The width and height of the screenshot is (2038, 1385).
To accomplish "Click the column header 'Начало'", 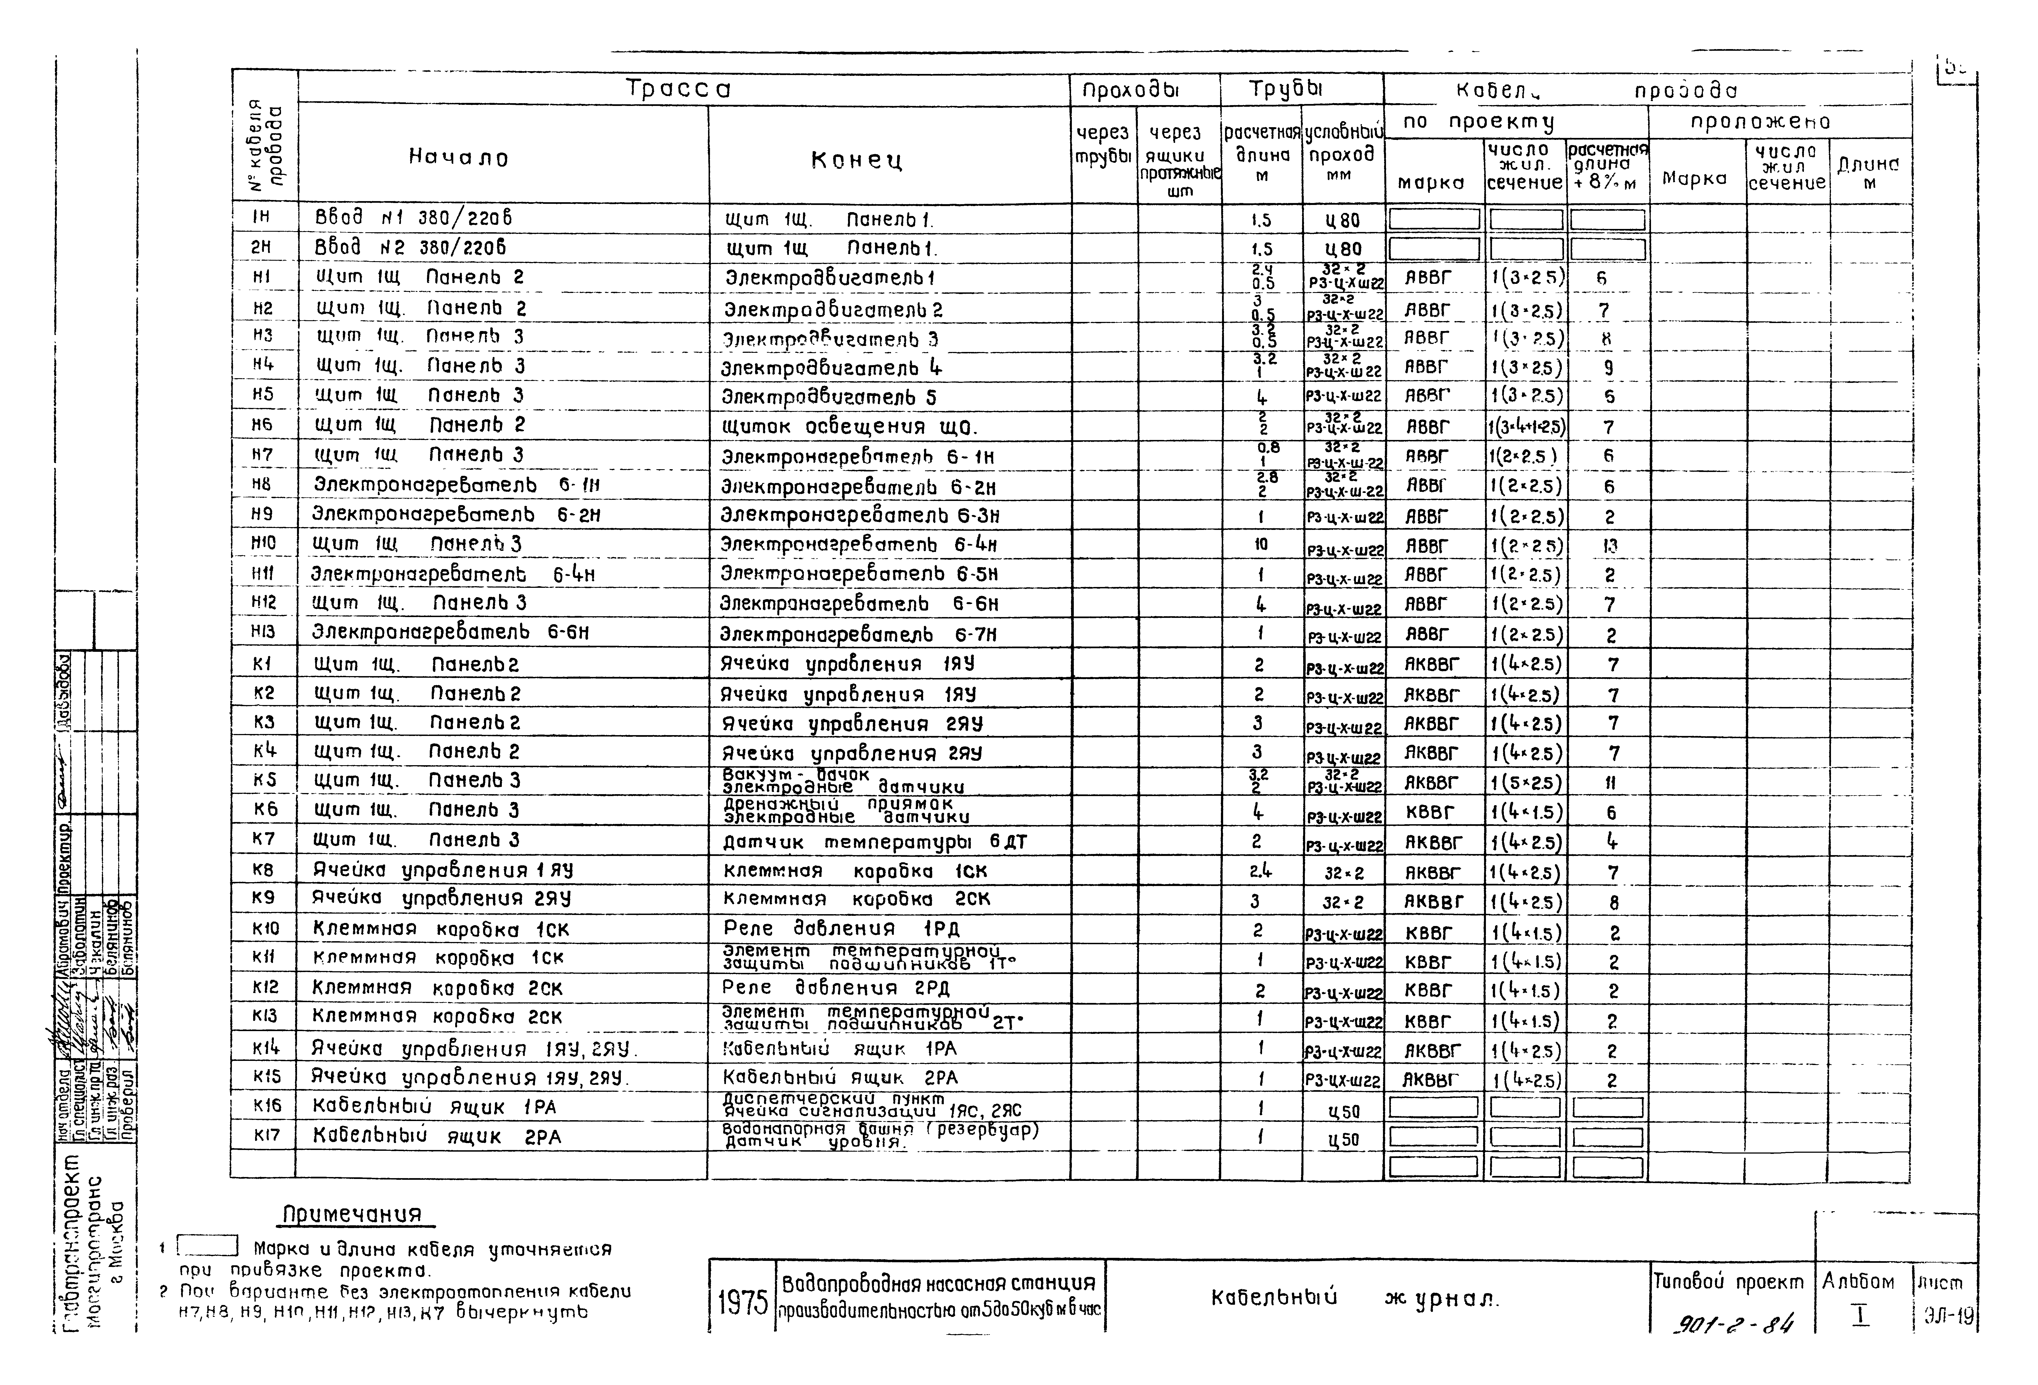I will tap(459, 158).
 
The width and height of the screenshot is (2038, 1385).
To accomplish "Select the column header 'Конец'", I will tap(857, 161).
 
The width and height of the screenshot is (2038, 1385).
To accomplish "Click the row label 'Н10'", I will tap(263, 543).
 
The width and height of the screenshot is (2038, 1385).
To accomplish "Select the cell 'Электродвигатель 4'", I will tap(831, 367).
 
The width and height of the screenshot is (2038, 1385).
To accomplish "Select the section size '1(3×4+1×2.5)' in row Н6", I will tap(1526, 428).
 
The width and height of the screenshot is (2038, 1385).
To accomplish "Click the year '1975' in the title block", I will tap(742, 1303).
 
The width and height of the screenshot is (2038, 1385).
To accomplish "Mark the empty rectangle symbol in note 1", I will tap(208, 1246).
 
